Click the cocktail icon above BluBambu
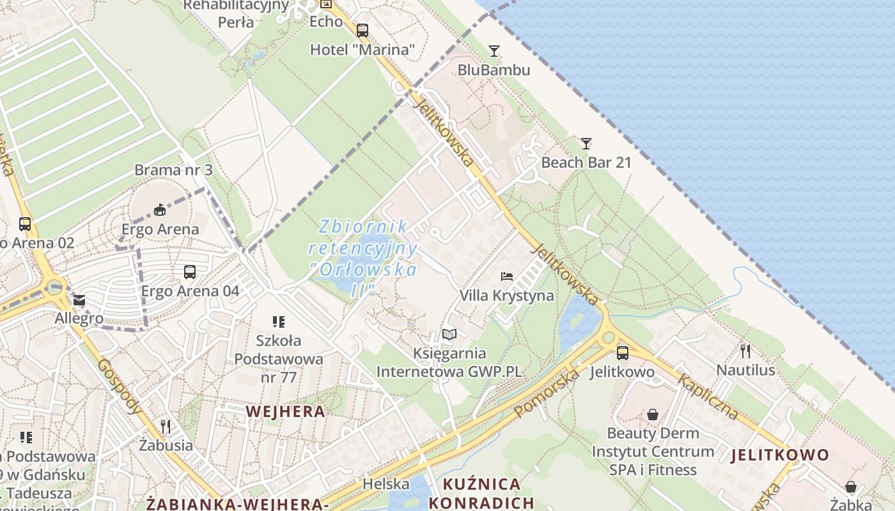pyautogui.click(x=494, y=51)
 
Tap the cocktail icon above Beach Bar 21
pyautogui.click(x=586, y=144)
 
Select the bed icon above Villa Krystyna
pyautogui.click(x=507, y=277)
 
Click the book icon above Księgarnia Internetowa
pyautogui.click(x=449, y=335)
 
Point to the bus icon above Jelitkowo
pyautogui.click(x=622, y=353)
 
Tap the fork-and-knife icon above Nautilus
pyautogui.click(x=745, y=351)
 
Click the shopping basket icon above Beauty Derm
pyautogui.click(x=652, y=415)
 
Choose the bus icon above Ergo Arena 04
pyautogui.click(x=190, y=272)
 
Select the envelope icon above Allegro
pyautogui.click(x=79, y=300)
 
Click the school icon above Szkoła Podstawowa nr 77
pyautogui.click(x=278, y=322)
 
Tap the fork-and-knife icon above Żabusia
pyautogui.click(x=166, y=426)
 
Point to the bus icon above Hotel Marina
pyautogui.click(x=362, y=30)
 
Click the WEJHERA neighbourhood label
pyautogui.click(x=285, y=411)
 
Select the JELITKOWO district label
pyautogui.click(x=780, y=455)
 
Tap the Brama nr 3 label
pyautogui.click(x=173, y=170)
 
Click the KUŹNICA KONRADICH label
pyautogui.click(x=481, y=492)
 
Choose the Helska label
pyautogui.click(x=385, y=484)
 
